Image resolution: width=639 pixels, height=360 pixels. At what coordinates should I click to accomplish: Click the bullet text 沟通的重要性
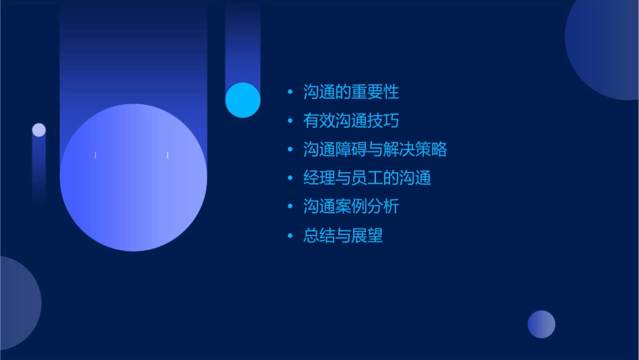click(x=351, y=92)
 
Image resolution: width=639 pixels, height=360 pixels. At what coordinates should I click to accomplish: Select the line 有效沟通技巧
click(x=351, y=121)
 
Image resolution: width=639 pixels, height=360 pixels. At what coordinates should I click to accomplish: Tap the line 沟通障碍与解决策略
click(x=375, y=149)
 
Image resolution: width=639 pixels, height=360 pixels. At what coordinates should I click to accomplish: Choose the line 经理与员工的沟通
click(x=367, y=178)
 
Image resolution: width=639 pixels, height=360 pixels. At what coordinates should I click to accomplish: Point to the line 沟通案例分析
click(x=351, y=207)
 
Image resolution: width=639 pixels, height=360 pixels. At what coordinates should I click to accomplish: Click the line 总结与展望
click(x=343, y=236)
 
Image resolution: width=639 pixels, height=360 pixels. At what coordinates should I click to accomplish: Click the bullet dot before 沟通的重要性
click(x=290, y=92)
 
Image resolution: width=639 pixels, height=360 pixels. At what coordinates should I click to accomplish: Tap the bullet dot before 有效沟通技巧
click(x=290, y=121)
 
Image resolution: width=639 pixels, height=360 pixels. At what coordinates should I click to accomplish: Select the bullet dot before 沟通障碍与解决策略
click(x=290, y=149)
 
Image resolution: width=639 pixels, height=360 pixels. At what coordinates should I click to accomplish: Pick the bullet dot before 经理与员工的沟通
click(x=290, y=178)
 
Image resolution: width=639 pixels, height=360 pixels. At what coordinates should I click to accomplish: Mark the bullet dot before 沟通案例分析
click(x=290, y=207)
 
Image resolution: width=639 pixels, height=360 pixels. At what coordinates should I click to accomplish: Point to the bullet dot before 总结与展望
click(x=290, y=236)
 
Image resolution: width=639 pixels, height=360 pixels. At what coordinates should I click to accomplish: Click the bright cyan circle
click(x=243, y=100)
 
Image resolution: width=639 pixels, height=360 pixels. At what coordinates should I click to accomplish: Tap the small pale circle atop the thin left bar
click(x=39, y=130)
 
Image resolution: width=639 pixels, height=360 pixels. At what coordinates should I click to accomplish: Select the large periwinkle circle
click(x=133, y=178)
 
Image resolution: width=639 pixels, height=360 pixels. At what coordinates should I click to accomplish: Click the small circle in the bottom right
click(x=541, y=324)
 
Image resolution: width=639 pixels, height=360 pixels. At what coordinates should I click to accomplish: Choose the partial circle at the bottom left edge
click(x=17, y=303)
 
